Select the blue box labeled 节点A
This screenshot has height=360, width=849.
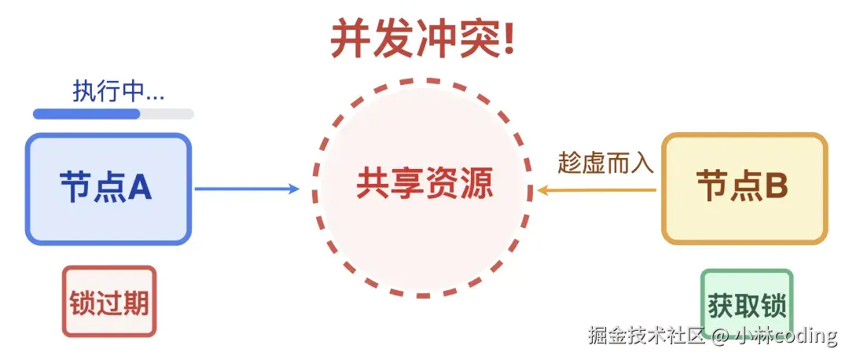click(x=108, y=189)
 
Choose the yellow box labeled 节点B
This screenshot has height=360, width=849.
click(x=744, y=189)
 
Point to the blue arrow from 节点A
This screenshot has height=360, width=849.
click(x=244, y=189)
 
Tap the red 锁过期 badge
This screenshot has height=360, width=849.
click(x=109, y=302)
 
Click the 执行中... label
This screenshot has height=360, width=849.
click(x=119, y=91)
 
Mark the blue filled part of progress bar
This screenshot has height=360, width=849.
click(x=86, y=114)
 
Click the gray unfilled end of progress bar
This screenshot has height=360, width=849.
click(x=167, y=114)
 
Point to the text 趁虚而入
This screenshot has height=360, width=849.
click(x=605, y=163)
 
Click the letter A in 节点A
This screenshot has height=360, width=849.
click(x=140, y=187)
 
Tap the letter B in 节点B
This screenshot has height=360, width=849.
click(x=776, y=187)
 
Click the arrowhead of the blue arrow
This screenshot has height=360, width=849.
click(x=294, y=189)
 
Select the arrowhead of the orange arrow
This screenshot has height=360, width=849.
click(x=543, y=189)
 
